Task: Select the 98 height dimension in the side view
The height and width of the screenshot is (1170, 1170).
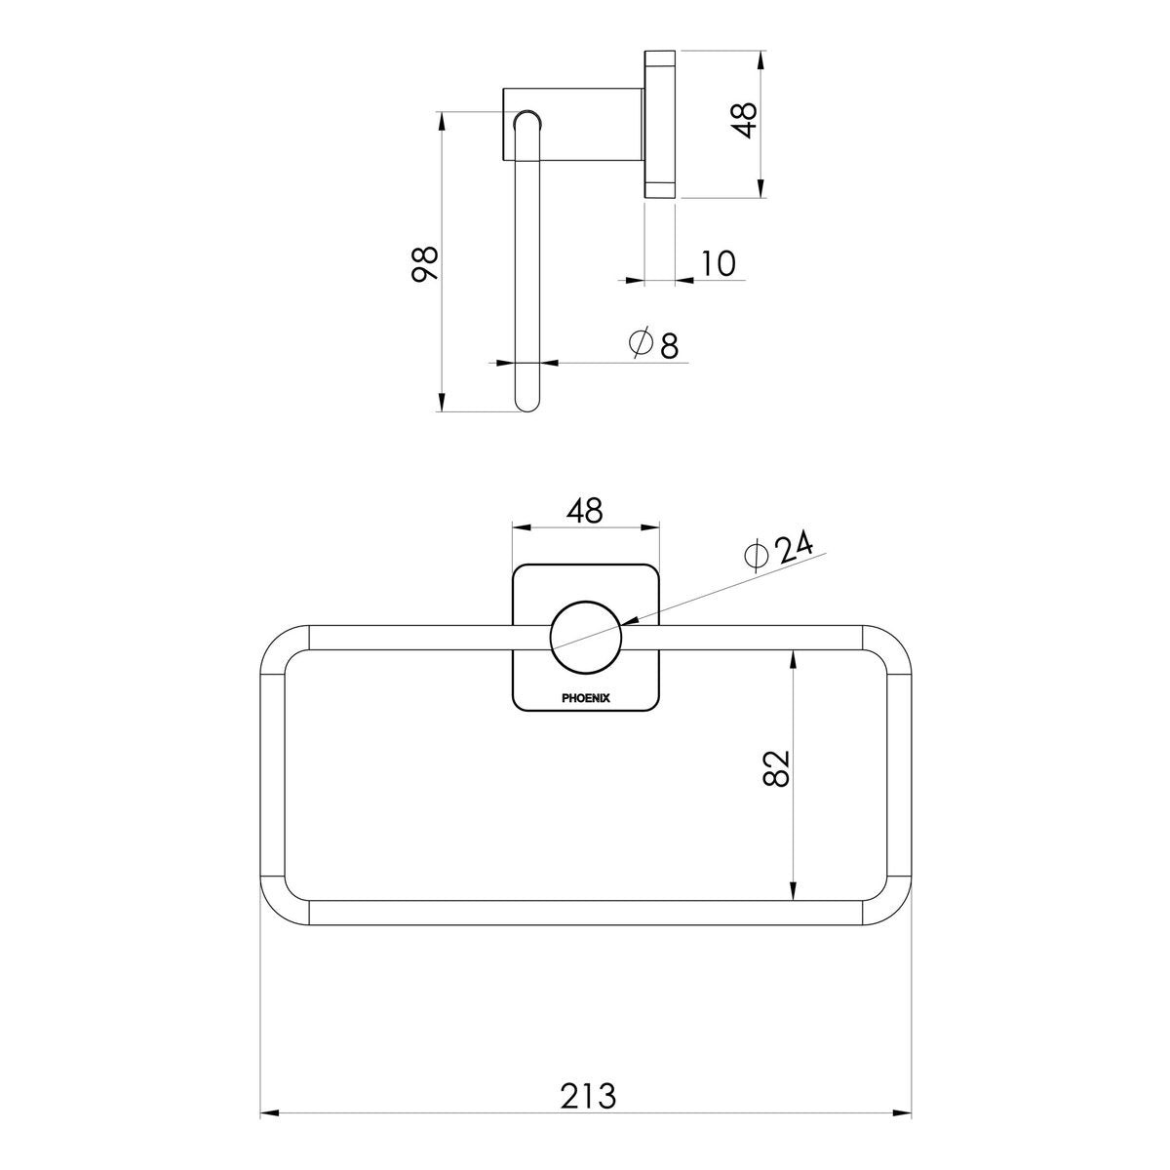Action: pyautogui.click(x=424, y=263)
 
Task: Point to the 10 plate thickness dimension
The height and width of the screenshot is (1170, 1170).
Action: pyautogui.click(x=719, y=263)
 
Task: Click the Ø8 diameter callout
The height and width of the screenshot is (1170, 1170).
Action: pyautogui.click(x=653, y=343)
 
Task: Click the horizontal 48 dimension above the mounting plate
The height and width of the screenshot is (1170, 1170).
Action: pyautogui.click(x=585, y=510)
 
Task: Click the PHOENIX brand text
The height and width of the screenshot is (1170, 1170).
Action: pyautogui.click(x=586, y=698)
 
